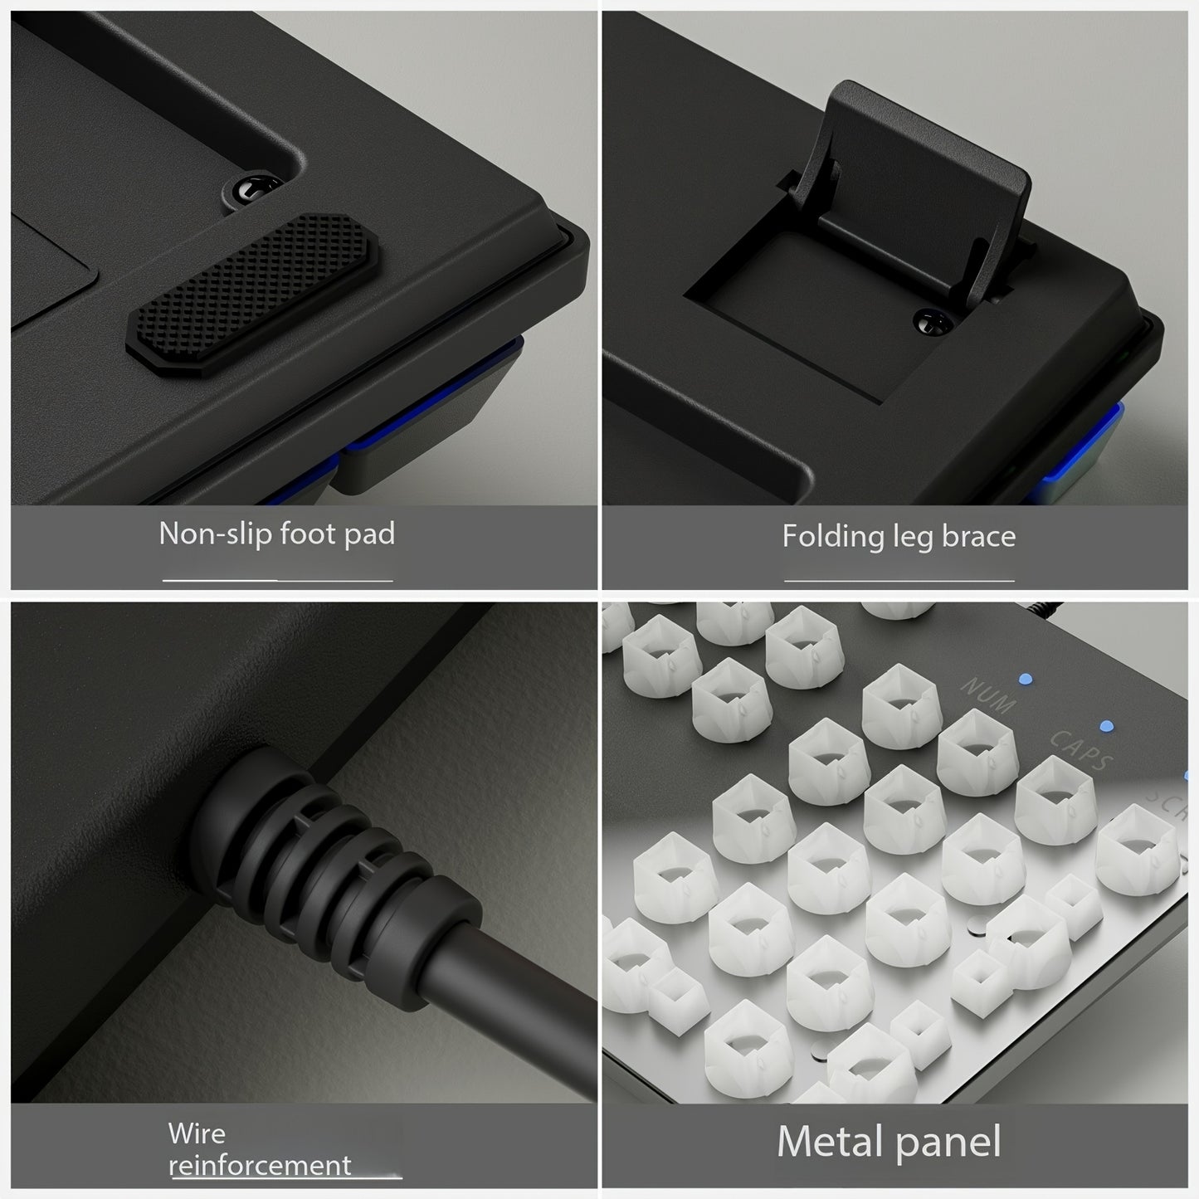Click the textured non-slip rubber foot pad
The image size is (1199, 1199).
click(x=252, y=295)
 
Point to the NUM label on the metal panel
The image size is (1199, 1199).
click(x=989, y=694)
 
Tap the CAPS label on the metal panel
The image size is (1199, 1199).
click(x=1081, y=749)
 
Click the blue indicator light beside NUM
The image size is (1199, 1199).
click(x=1026, y=679)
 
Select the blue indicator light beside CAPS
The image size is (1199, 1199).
click(x=1106, y=726)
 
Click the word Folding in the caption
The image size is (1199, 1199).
click(x=832, y=536)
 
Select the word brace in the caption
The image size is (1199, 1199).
click(x=979, y=536)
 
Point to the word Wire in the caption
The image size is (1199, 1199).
click(x=197, y=1133)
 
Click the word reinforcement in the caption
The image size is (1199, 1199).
click(x=260, y=1166)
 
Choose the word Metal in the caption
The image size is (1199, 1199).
click(x=832, y=1141)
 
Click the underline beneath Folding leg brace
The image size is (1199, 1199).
click(x=899, y=581)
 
